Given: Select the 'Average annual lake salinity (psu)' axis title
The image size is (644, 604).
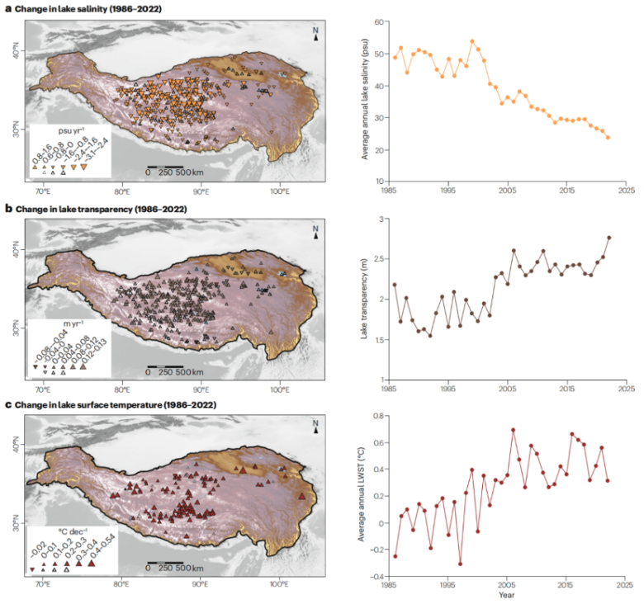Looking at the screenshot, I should [362, 101].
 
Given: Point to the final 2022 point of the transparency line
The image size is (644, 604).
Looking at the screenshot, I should [608, 238].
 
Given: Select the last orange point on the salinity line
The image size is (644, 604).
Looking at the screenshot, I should [608, 137].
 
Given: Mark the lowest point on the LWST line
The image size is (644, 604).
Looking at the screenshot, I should [460, 564].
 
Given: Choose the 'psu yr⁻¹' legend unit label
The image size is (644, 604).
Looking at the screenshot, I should [65, 130].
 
